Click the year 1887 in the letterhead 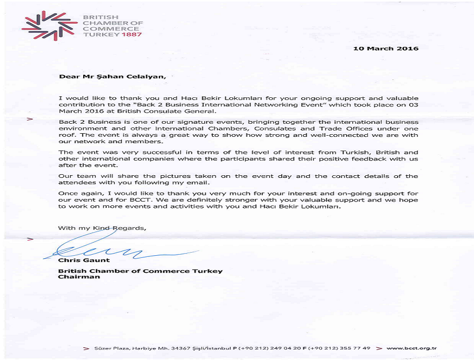point(132,34)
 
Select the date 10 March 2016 point(386,48)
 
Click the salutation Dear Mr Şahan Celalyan point(112,76)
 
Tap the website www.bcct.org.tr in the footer point(411,348)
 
